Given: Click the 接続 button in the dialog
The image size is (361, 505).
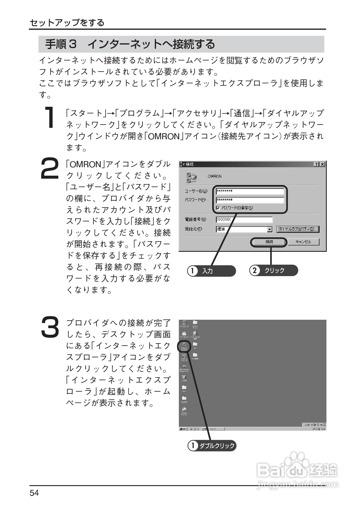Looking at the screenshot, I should tap(269, 242).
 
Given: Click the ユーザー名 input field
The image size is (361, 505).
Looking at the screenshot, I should tap(250, 191).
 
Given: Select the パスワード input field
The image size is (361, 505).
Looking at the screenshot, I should tap(250, 200).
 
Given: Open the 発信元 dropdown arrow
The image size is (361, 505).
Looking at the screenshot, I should tap(270, 229).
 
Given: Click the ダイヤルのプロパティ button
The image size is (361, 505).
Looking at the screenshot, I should tap(298, 229).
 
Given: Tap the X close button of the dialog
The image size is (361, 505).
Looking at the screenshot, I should tap(322, 164).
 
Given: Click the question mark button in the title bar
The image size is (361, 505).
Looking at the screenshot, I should tap(317, 164).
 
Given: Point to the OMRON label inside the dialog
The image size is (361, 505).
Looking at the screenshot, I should tap(214, 176).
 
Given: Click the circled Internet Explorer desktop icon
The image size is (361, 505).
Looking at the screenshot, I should tap(184, 346).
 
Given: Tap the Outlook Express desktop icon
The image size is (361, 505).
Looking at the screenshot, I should tap(184, 410).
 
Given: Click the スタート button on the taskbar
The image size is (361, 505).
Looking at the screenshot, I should tap(183, 428).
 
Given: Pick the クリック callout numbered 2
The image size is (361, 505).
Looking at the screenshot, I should tap(274, 270).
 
